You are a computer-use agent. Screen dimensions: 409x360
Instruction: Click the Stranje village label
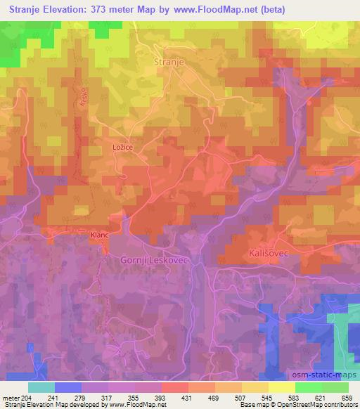(169, 62)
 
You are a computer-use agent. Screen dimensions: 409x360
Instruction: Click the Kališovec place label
(269, 252)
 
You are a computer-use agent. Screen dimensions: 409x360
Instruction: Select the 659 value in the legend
(347, 397)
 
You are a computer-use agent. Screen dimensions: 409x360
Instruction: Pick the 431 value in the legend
(187, 397)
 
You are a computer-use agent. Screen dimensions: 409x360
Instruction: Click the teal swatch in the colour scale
(41, 387)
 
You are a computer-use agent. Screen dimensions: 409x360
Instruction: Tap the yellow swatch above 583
(282, 387)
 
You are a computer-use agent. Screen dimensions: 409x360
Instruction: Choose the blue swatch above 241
(68, 387)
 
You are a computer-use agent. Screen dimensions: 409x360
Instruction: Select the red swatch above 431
(175, 387)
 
